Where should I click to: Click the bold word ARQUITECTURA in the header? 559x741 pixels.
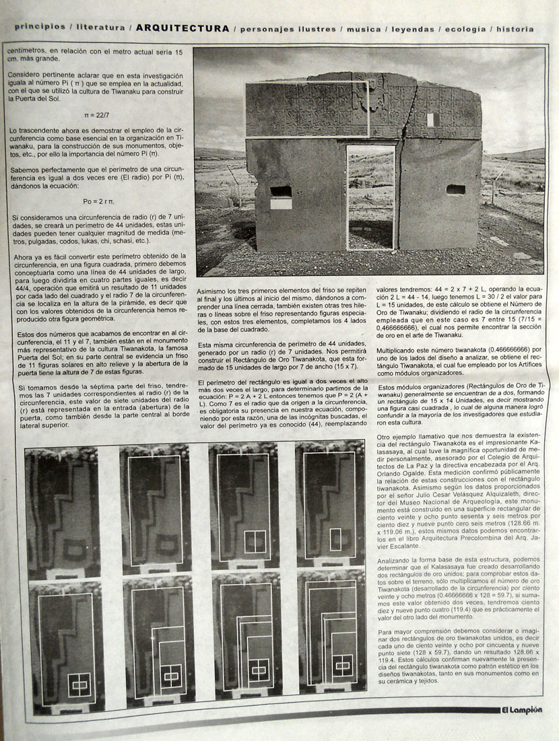(182, 28)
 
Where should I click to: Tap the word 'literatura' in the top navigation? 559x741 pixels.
(100, 29)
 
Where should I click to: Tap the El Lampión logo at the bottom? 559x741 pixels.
(521, 709)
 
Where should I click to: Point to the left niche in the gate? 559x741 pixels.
(281, 192)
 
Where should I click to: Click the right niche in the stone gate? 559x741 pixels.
(456, 189)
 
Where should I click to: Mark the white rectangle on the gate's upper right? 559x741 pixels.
(431, 120)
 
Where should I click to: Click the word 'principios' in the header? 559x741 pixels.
(39, 29)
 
